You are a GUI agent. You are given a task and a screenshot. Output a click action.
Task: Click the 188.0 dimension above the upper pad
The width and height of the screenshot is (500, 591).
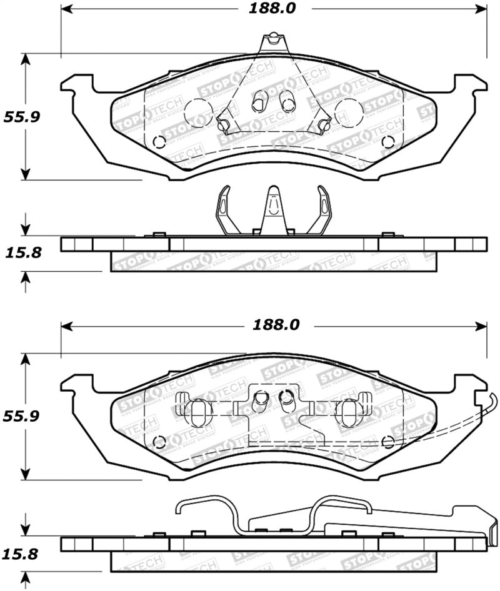pyautogui.click(x=272, y=9)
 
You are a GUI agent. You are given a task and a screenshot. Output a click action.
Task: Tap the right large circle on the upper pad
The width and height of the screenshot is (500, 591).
pyautogui.click(x=348, y=112)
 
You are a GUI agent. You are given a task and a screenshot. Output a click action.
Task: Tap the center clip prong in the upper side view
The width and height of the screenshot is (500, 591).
pyautogui.click(x=273, y=209)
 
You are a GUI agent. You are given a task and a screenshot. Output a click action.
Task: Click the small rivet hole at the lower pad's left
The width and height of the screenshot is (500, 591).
pyautogui.click(x=159, y=439)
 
